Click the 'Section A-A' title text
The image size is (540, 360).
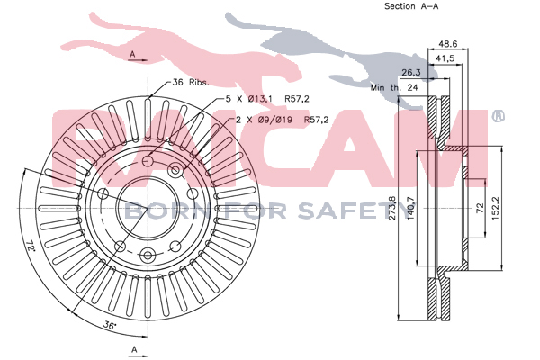[x=411, y=6]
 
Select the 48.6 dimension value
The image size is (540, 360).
[x=447, y=44]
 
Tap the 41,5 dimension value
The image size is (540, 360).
[x=445, y=58]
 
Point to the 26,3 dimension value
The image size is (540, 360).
[x=411, y=73]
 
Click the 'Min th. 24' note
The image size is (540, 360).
[x=394, y=87]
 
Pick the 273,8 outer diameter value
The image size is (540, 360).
[x=392, y=208]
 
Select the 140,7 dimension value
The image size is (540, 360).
[x=411, y=209]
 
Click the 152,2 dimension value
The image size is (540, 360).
[x=496, y=209]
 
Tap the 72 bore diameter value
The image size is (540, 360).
[x=480, y=208]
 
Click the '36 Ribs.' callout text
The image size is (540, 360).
[x=191, y=82]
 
